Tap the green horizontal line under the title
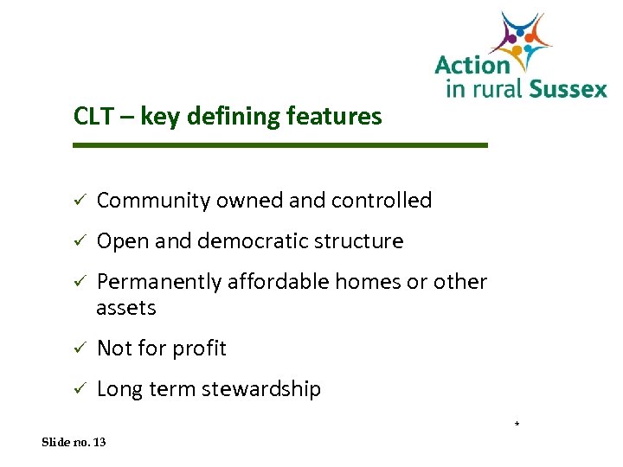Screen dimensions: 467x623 (x=280, y=145)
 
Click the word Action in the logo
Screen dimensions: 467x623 (x=472, y=65)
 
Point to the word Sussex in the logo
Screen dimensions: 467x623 (x=567, y=88)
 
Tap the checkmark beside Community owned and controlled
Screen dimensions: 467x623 (x=78, y=201)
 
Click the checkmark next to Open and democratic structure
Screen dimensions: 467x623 (x=78, y=241)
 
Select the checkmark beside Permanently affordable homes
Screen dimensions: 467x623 (x=78, y=282)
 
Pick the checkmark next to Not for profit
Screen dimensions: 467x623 (x=78, y=349)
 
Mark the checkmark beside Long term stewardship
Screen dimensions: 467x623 (x=78, y=389)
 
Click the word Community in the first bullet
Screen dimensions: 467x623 (x=154, y=201)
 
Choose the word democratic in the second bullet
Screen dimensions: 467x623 (x=258, y=241)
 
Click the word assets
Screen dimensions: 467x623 (x=126, y=308)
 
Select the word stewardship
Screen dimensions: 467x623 (x=261, y=390)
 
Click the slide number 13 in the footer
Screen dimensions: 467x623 (x=99, y=442)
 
